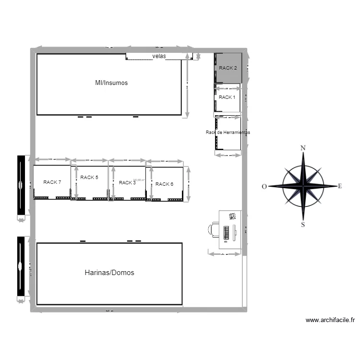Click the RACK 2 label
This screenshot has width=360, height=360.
tap(228, 68)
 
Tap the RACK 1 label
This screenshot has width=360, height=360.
tap(227, 97)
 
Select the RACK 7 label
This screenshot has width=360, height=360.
tap(52, 182)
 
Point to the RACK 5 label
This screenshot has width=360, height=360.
tap(89, 178)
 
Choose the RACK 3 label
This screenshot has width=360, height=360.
tap(127, 183)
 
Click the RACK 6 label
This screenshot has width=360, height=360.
tap(164, 184)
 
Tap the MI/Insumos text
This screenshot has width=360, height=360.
tap(111, 83)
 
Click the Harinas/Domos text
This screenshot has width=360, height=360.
tap(109, 273)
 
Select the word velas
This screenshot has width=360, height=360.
tap(159, 56)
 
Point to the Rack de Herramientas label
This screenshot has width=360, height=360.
tap(228, 132)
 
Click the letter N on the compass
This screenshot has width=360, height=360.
tap(303, 148)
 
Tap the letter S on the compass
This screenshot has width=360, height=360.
tap(302, 224)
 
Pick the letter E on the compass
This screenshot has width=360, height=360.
tap(340, 186)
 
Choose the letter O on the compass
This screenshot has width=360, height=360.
tap(264, 187)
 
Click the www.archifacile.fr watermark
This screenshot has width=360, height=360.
tap(330, 320)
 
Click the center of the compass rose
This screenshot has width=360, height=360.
tap(303, 186)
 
